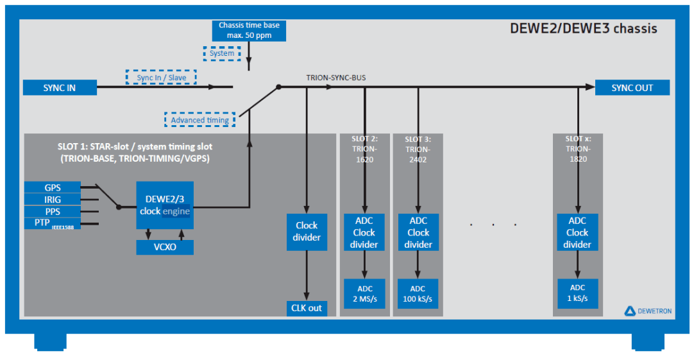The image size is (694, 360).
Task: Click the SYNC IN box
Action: (60, 88)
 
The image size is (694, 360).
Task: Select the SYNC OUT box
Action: (632, 88)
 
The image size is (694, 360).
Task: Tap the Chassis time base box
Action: (250, 30)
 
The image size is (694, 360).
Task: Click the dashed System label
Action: (222, 53)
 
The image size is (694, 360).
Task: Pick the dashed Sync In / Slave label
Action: (161, 78)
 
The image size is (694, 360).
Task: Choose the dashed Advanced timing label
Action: (199, 120)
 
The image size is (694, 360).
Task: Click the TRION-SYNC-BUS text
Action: (336, 78)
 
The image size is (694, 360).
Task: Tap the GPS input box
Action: (53, 187)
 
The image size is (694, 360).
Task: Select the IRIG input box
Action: (53, 199)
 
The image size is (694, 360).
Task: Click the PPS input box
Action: (53, 210)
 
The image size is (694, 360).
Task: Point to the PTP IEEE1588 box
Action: (53, 223)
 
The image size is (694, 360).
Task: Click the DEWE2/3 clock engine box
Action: (165, 205)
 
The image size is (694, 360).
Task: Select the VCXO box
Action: (165, 247)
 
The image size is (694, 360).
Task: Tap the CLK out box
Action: (306, 308)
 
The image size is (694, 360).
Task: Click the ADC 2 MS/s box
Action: (364, 294)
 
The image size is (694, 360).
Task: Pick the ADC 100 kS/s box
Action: (418, 294)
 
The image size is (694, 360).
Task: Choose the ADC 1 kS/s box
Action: (577, 294)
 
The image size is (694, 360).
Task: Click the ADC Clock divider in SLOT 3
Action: (418, 232)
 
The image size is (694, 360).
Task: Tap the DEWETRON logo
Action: (648, 311)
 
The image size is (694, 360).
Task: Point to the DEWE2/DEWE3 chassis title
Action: (583, 29)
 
